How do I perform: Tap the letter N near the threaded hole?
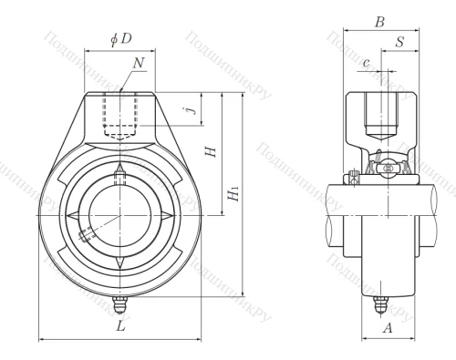pos(138,64)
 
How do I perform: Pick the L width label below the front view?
pos(122,326)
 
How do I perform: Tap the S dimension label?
pos(400,43)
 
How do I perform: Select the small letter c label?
pos(366,63)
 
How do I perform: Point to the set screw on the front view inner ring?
pos(87,234)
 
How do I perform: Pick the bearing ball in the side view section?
pos(387,168)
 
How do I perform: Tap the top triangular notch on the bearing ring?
pos(120,171)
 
